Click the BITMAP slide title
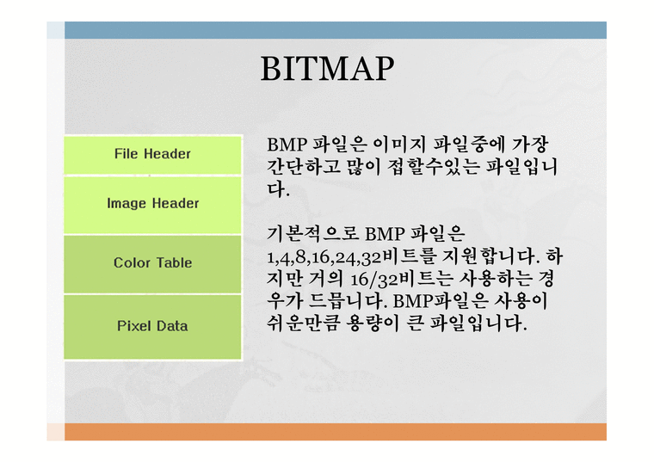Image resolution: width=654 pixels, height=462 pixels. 327,69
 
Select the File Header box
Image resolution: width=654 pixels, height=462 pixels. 152,154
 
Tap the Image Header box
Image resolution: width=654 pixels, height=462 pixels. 152,204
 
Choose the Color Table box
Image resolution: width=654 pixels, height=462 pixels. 152,263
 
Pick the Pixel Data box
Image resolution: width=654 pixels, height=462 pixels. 152,326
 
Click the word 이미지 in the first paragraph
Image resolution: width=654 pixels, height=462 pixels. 402,144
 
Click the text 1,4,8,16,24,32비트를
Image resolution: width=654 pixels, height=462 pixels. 350,257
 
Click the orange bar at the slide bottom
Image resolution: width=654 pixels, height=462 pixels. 336,431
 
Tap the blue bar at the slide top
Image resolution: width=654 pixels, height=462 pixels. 336,30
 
